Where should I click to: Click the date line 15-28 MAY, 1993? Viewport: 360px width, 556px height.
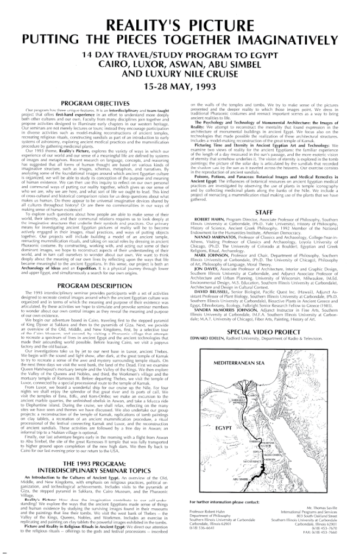180,86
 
